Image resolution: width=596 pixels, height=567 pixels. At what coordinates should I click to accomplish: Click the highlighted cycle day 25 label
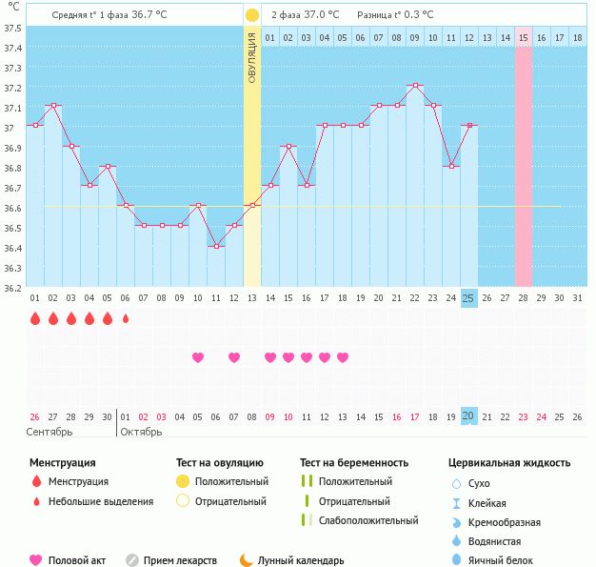pos(468,298)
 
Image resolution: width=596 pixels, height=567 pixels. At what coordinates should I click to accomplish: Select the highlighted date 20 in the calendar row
pos(468,415)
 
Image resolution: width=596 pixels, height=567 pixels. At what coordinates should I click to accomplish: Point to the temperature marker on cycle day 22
pos(414,86)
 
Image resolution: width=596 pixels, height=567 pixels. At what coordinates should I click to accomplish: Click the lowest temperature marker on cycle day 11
pos(216,246)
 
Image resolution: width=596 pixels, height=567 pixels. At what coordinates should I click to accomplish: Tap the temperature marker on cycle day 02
pos(53,106)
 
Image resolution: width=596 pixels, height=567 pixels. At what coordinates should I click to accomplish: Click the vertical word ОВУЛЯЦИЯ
pos(252,57)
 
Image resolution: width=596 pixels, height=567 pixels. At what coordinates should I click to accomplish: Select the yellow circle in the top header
pos(251,15)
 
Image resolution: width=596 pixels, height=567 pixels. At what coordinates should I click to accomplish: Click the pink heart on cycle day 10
pos(198,357)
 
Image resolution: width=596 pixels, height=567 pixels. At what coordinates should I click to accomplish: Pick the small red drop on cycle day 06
pos(126,318)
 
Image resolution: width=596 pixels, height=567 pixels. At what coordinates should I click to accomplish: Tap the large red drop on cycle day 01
pos(35,318)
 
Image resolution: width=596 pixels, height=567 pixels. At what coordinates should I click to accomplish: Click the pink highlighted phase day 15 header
pos(523,37)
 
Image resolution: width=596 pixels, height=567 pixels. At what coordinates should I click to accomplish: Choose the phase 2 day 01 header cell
pos(270,37)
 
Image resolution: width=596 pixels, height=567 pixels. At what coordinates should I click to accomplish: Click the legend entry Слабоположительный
pos(368,520)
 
